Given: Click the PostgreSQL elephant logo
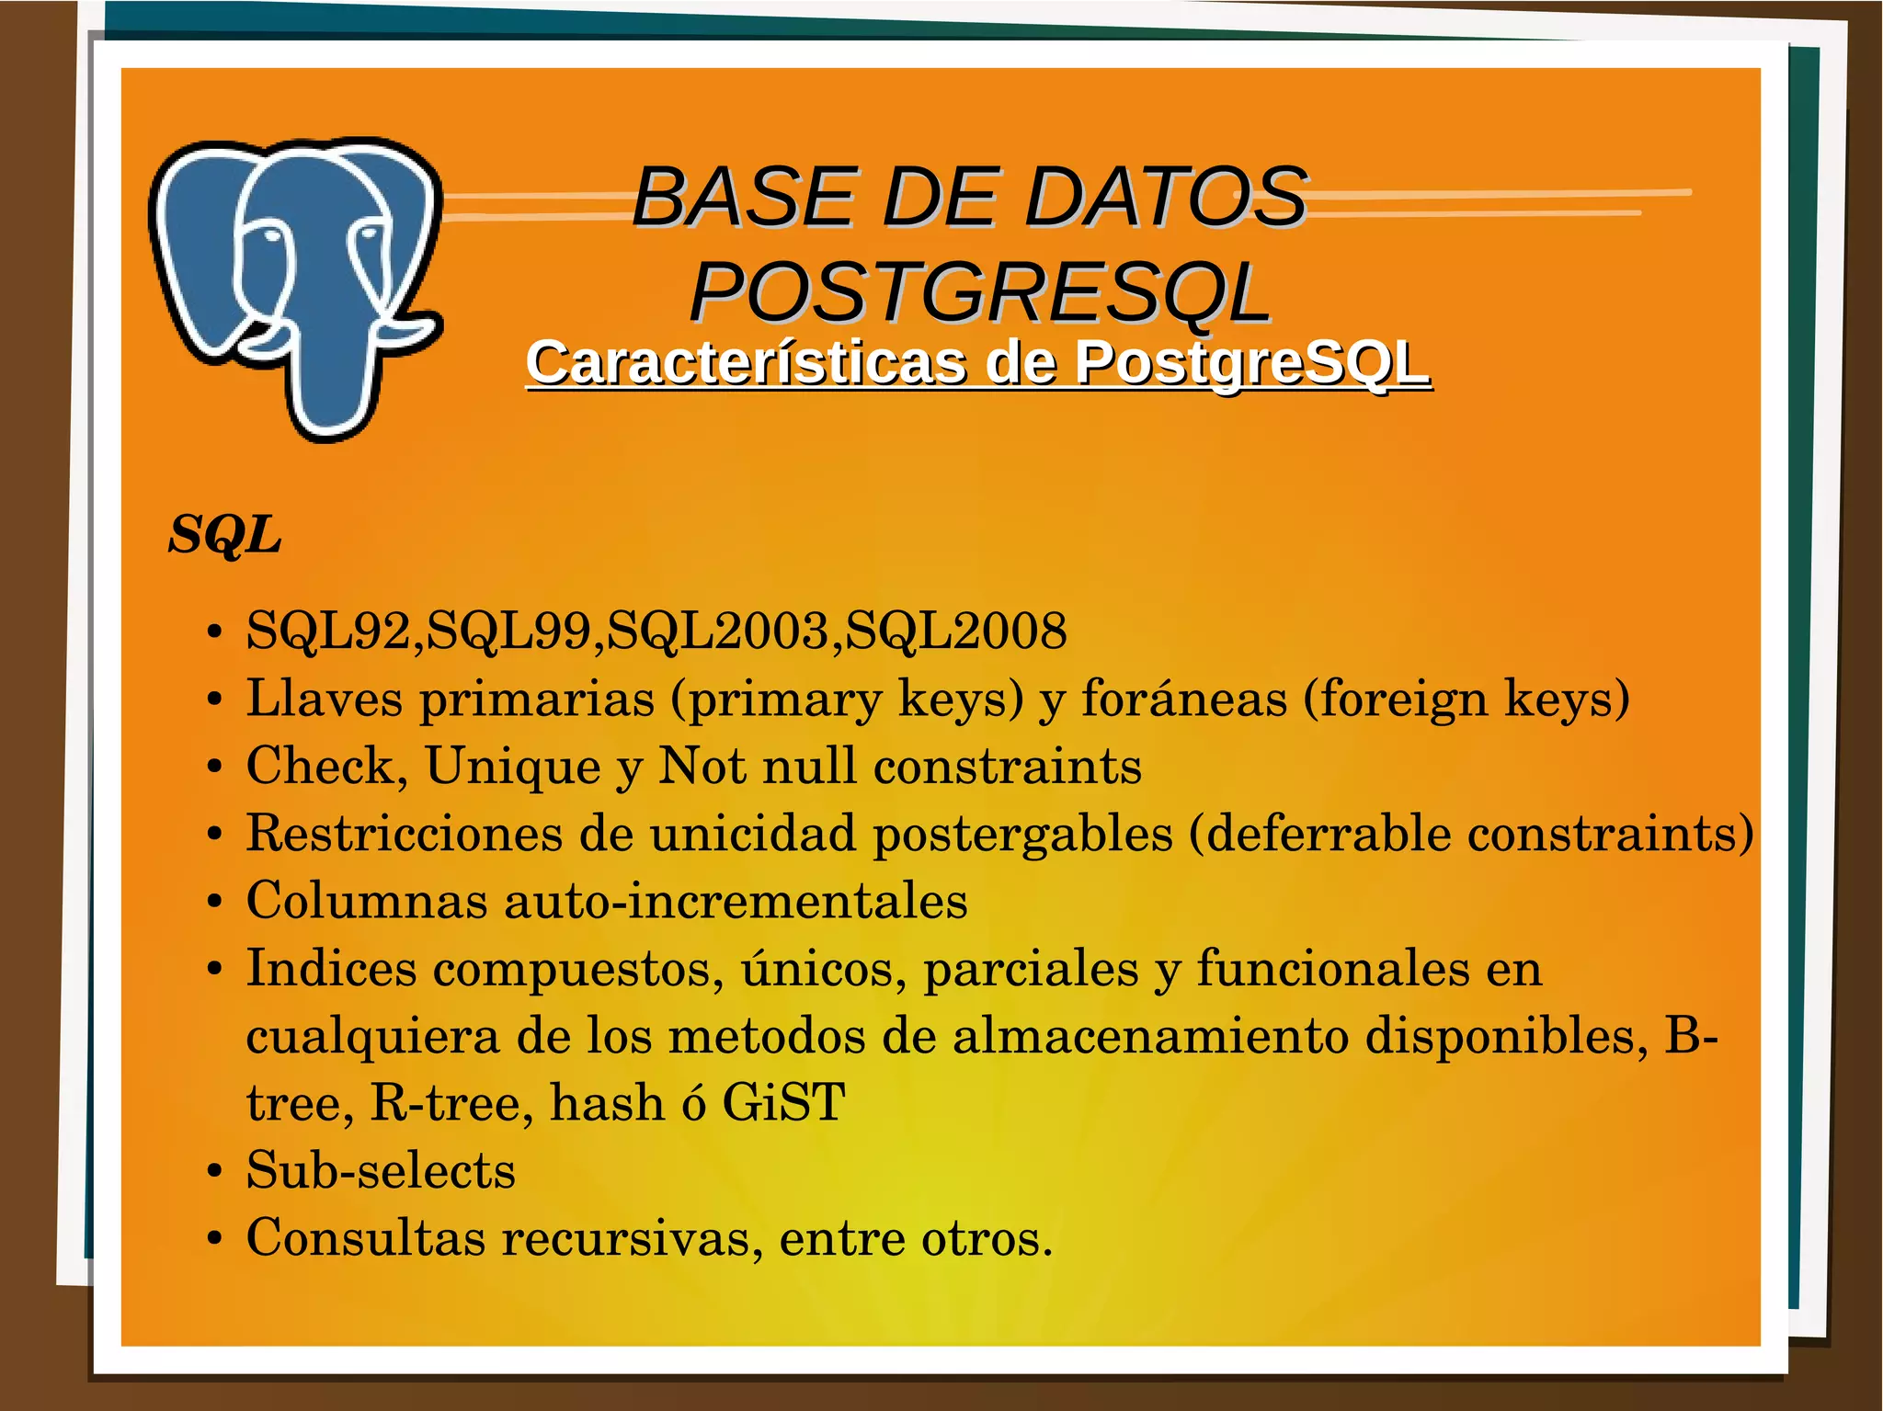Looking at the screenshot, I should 294,285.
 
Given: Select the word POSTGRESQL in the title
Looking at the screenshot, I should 980,292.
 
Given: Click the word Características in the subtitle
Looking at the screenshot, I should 746,363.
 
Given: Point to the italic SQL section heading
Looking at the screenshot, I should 224,534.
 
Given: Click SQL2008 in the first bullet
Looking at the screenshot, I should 956,631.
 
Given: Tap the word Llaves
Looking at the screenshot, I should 325,698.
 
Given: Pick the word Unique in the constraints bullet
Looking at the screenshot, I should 513,766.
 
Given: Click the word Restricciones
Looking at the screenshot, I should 404,833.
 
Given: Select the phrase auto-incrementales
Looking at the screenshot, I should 736,900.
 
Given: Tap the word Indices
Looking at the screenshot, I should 332,968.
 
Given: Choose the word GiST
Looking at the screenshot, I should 783,1102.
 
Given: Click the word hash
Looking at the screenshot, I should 607,1102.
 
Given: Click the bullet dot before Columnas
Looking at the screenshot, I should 214,902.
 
